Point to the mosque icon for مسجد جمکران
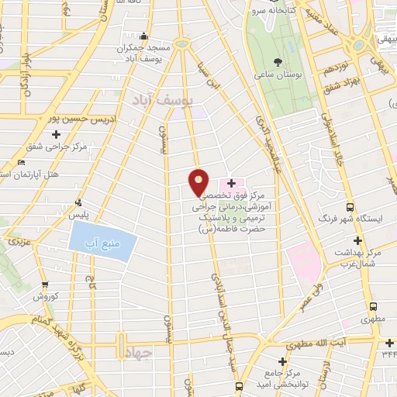coord(143,36)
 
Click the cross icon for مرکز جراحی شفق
coord(56,134)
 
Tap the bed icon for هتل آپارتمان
coord(22,162)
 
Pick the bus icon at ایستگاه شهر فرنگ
coord(350,207)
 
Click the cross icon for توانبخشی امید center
coord(282,361)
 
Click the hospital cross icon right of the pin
coord(231,182)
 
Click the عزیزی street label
coord(19,243)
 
